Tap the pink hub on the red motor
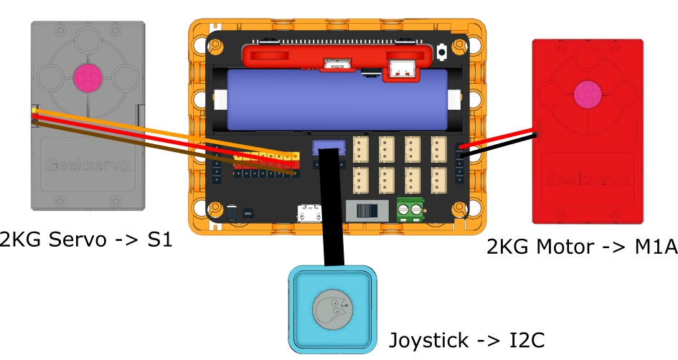588,93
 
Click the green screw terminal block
410,209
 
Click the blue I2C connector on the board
329,148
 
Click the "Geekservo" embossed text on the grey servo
88,165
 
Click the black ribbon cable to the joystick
331,215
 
